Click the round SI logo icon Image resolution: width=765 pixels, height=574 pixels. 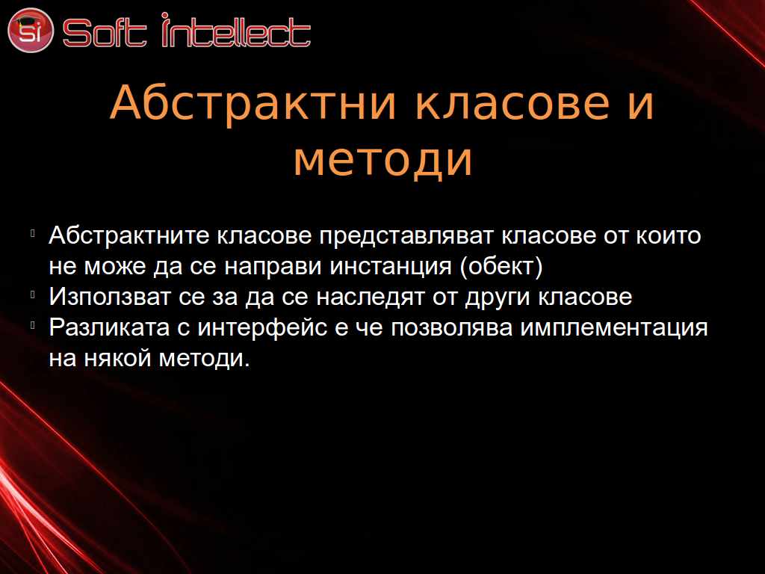coord(30,30)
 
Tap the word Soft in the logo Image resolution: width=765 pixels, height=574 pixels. coord(105,33)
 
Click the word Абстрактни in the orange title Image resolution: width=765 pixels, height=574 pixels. coord(253,103)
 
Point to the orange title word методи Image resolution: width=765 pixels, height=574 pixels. coord(383,159)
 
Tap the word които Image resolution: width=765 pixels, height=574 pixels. coord(669,236)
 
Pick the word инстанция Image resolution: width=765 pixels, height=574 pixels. coord(391,268)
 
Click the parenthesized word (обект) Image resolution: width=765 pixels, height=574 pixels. coord(501,267)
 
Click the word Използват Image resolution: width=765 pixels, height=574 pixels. coord(110,297)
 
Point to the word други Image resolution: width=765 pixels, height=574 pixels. coord(497,297)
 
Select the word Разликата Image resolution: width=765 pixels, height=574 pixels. coord(109,327)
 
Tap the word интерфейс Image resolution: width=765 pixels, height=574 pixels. coord(262,327)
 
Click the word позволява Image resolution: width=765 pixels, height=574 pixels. coord(452,327)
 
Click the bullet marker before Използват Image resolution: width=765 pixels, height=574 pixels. coord(33,294)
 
